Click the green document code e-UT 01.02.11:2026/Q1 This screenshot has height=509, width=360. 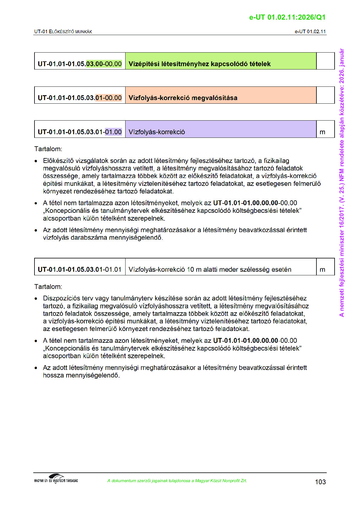287,18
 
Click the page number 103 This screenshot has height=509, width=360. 320,482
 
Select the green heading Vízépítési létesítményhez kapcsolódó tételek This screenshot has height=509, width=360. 199,64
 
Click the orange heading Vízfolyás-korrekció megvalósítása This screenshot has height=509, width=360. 183,98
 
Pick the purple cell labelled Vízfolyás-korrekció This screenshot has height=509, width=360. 157,132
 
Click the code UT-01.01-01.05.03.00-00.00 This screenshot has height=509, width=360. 80,64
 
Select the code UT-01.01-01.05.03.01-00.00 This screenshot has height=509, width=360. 80,98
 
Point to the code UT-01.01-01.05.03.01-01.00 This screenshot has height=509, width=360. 80,132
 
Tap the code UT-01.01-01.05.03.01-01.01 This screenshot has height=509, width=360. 80,270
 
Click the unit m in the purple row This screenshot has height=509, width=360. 322,132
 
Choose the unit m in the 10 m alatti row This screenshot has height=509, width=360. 322,270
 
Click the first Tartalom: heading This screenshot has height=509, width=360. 48,149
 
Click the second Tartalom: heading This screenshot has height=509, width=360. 48,287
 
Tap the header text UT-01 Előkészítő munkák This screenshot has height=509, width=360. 63,32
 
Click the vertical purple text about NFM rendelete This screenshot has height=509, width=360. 342,183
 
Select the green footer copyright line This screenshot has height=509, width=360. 177,481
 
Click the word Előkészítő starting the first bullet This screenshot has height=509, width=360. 58,161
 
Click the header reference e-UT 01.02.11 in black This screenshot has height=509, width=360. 310,32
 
